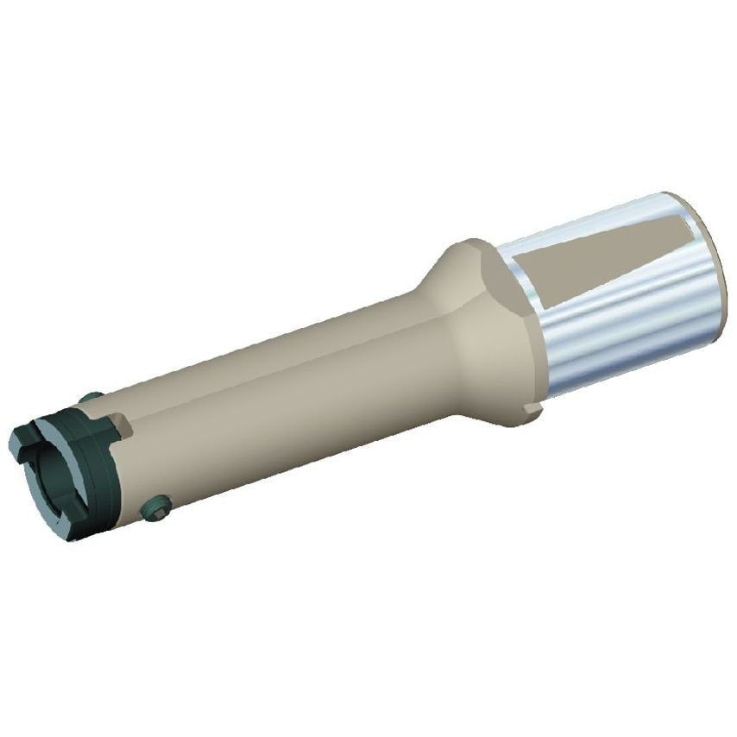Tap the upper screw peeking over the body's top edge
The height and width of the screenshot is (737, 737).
point(90,397)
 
